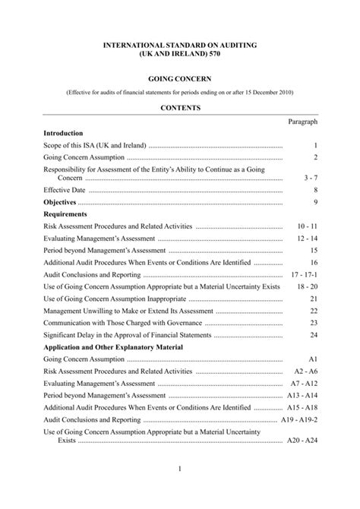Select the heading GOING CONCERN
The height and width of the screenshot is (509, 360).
click(180, 78)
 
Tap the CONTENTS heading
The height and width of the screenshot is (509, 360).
click(180, 109)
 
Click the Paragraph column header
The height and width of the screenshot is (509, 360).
click(302, 122)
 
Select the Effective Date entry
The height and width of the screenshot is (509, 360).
click(65, 190)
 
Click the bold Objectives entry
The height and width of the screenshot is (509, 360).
click(61, 203)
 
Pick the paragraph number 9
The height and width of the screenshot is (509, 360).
click(314, 203)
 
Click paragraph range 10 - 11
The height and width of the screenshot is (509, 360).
click(307, 226)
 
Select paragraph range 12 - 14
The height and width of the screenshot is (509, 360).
click(307, 239)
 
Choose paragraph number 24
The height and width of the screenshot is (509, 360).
click(313, 335)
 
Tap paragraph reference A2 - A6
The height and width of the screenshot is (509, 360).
click(305, 371)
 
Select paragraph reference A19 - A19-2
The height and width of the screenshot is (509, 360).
click(298, 419)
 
